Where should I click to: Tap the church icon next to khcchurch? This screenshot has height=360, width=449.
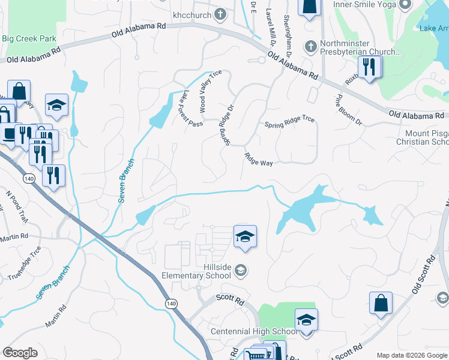220,13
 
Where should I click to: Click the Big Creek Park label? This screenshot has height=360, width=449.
29,38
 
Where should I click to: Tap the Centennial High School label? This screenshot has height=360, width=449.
253,331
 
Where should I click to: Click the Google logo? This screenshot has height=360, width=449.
20,353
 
